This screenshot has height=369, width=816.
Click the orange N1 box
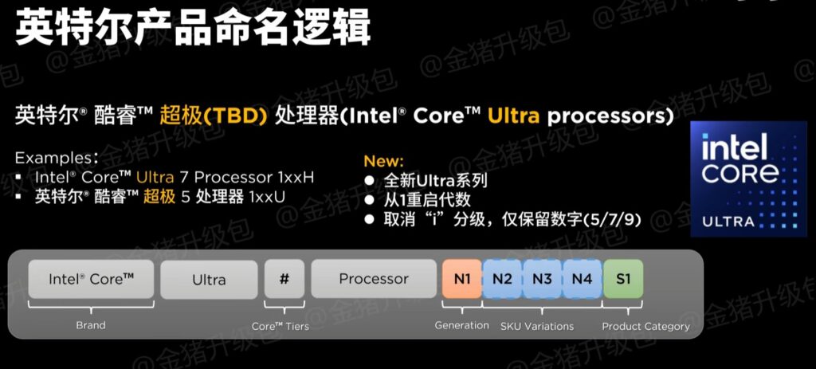462,279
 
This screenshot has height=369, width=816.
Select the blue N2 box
502,279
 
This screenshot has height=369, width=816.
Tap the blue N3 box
542,279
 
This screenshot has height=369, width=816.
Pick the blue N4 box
583,279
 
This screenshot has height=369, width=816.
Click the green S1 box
623,279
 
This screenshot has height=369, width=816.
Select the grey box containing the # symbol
284,279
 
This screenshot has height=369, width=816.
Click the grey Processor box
374,279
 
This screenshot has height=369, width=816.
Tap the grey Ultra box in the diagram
209,280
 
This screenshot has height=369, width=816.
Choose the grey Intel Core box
91,279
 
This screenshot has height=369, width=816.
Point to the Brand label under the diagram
91,326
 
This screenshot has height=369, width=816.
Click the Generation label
461,325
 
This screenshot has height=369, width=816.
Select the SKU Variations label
537,326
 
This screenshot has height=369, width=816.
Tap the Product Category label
645,327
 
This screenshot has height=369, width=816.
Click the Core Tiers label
280,326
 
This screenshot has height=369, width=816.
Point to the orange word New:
383,161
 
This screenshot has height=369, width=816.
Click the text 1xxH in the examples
296,178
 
